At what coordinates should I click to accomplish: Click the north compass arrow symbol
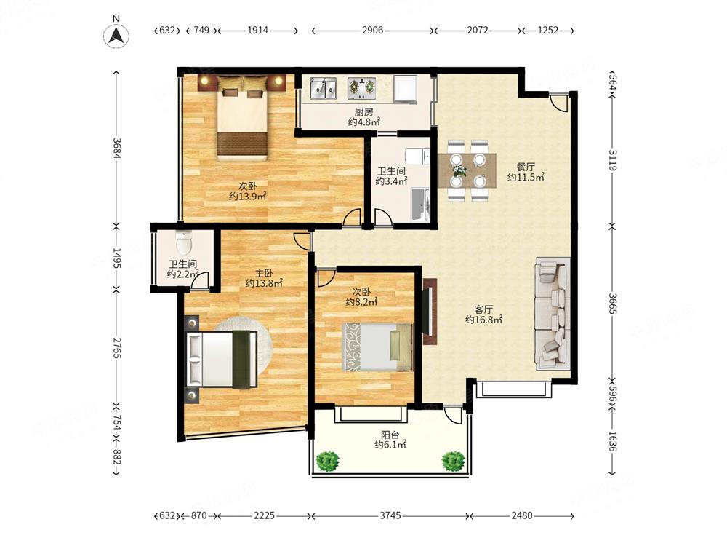click(x=116, y=35)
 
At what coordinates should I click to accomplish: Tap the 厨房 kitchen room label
click(x=364, y=112)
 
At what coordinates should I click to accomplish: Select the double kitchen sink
click(x=324, y=89)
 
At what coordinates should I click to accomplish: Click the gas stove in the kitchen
click(x=362, y=88)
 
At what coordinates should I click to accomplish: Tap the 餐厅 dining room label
click(x=526, y=167)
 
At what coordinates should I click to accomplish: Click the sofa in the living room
click(x=553, y=314)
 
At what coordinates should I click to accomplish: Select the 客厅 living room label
click(x=483, y=309)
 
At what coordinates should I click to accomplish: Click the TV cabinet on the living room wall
click(x=430, y=311)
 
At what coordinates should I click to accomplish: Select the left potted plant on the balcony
click(x=327, y=462)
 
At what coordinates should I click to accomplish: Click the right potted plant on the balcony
click(x=453, y=462)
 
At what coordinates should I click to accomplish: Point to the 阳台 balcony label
click(x=390, y=435)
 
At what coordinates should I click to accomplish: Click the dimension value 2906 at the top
click(x=373, y=30)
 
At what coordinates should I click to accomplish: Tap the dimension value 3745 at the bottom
click(x=390, y=515)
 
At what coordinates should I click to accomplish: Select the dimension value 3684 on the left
click(x=116, y=148)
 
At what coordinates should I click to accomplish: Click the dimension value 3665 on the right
click(x=612, y=304)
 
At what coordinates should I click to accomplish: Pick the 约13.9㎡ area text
click(x=248, y=197)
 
